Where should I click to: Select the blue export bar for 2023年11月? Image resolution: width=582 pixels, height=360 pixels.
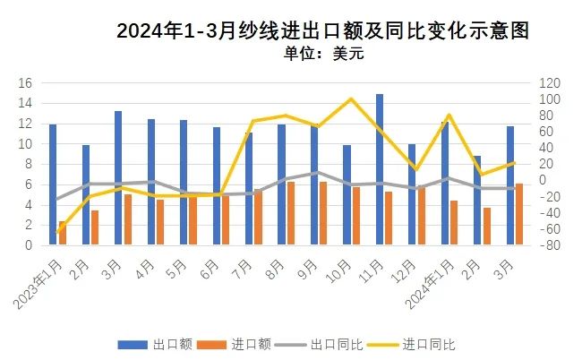(380, 169)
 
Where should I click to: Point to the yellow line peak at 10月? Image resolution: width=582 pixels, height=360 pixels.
(350, 99)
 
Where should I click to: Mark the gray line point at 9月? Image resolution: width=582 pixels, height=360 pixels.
(314, 173)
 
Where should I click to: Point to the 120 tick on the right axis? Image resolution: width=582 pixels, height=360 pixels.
(548, 82)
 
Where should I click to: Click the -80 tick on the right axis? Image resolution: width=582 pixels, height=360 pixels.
(546, 245)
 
